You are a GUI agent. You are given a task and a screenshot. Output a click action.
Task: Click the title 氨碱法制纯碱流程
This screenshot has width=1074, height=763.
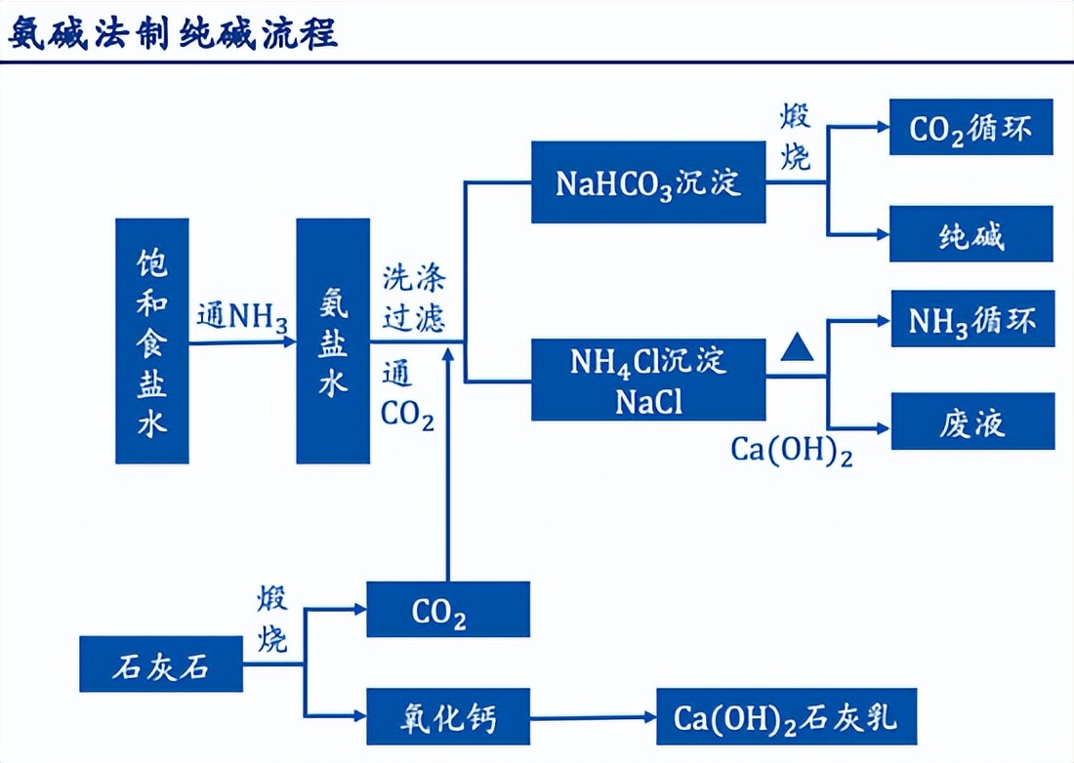pos(174,33)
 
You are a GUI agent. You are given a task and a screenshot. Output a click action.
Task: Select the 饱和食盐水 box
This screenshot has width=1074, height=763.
pos(151,341)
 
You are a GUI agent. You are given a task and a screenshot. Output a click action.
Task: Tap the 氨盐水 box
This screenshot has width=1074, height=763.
pos(333,341)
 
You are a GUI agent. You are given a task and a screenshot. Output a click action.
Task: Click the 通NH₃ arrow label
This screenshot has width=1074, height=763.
pos(242,318)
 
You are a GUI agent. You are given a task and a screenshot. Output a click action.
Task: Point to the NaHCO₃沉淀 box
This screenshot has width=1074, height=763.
pos(648,182)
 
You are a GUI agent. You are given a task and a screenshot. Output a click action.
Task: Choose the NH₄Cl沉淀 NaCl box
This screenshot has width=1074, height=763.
pos(648,380)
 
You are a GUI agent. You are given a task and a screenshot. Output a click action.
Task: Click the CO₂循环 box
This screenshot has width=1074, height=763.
pos(971,128)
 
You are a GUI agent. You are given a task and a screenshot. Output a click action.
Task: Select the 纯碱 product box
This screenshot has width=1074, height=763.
pos(971,234)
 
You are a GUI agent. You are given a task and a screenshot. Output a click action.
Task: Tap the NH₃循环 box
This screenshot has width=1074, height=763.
pos(972,319)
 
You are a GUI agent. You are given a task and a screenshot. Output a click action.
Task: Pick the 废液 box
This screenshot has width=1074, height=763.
pos(972,422)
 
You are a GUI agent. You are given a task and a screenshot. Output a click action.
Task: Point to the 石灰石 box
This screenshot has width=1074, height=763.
pos(159,666)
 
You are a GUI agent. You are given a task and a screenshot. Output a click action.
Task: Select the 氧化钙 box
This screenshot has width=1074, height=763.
pos(447,717)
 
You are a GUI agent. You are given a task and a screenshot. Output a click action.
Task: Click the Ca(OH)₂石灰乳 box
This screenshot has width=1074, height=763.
pos(785,717)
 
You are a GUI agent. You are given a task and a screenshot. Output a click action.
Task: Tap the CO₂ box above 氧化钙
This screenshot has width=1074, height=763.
pos(447,611)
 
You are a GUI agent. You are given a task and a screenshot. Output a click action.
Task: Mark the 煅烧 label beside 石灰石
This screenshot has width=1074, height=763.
pos(272,620)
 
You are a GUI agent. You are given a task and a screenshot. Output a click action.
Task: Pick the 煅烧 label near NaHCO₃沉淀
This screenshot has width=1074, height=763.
pos(795,138)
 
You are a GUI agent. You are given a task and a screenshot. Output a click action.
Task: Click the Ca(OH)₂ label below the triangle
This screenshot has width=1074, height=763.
pos(791,451)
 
